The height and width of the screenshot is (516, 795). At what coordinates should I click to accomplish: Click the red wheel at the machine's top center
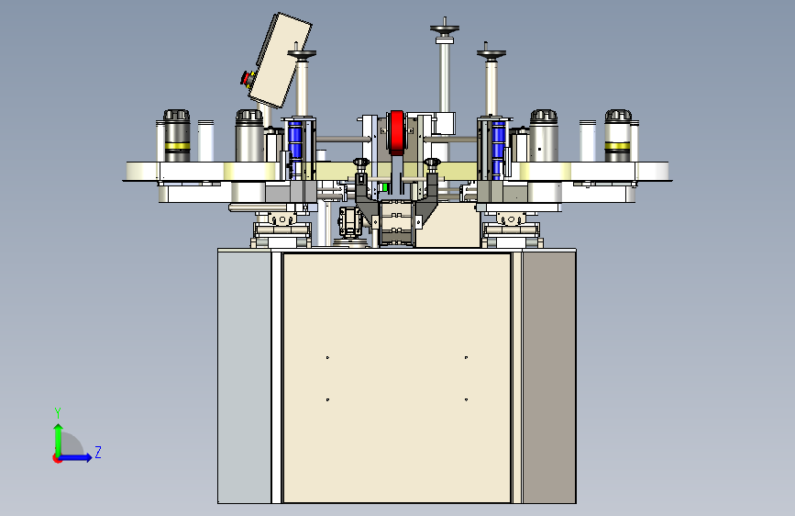(397, 132)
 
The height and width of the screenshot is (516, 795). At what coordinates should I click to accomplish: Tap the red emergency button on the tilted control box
(247, 79)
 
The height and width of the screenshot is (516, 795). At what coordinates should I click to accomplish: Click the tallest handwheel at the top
(445, 28)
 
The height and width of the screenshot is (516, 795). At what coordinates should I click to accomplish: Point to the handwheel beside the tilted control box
(302, 53)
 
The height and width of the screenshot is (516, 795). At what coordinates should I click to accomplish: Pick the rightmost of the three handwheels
(491, 53)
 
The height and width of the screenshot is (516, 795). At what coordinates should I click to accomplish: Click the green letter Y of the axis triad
(58, 413)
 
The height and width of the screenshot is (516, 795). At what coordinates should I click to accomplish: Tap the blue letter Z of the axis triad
(98, 452)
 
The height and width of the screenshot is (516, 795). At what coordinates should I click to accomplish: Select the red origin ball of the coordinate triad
(57, 458)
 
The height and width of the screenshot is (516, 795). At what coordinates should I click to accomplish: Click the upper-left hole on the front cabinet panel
(327, 357)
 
